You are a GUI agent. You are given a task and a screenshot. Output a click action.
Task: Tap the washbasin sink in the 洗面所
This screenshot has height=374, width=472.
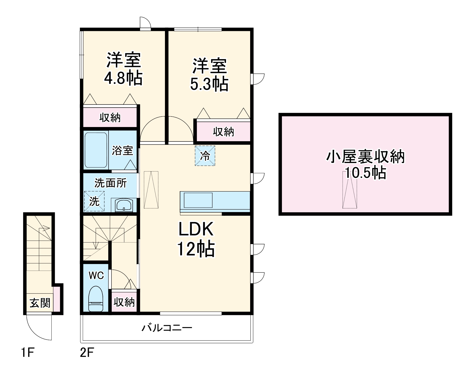coord(124,205)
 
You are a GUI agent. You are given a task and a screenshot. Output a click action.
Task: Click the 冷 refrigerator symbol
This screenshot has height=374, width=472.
coord(205,156)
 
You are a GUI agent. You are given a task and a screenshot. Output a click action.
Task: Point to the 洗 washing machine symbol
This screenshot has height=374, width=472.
coord(94,201)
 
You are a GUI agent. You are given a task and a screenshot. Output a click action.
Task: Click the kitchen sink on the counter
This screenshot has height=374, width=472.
coord(198,200)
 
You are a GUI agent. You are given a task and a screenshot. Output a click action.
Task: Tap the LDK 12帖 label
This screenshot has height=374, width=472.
coord(196,239)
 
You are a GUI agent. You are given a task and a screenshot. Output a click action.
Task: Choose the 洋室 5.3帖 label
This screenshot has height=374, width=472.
coord(209,75)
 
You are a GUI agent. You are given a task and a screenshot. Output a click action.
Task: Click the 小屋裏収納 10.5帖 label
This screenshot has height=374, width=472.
coord(365,165)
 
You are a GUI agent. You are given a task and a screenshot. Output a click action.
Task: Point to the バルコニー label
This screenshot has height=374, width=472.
coord(167,328)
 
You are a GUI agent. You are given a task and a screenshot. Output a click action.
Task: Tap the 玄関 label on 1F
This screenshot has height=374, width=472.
coord(40,303)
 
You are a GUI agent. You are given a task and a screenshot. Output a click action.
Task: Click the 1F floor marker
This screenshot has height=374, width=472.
coord(27,353)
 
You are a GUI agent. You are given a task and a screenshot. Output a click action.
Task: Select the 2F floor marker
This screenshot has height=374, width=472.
coord(87,353)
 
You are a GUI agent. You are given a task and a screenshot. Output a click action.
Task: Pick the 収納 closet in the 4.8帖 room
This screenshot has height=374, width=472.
coord(110,118)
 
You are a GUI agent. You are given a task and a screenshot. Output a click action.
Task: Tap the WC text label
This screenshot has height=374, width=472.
coord(96,276)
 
